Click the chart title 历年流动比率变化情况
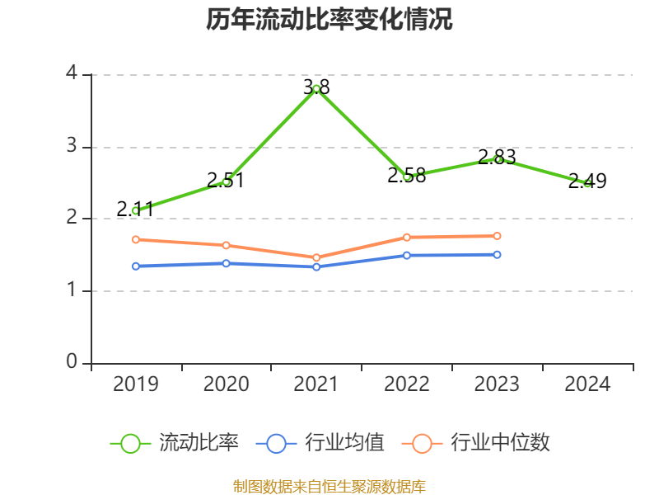coord(329,20)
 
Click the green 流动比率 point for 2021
coord(316,88)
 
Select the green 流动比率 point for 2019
coord(136,210)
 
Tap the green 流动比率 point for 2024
coord(587,183)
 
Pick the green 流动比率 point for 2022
coord(407,177)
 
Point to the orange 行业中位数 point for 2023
coord(498,236)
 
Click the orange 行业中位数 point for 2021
coord(316,257)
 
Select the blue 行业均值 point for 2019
coord(136,266)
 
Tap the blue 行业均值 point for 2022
coord(407,255)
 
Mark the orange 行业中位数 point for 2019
coord(136,239)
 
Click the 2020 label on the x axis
coord(226,384)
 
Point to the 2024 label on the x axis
coord(587,384)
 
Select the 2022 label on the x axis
coord(407,384)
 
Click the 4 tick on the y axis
coord(72,73)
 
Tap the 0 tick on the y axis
coord(72,362)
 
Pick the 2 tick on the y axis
coord(72,218)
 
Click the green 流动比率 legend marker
coord(130,443)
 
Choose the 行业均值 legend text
coord(344,443)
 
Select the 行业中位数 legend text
coord(500,443)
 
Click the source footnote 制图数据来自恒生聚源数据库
coord(329,486)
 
